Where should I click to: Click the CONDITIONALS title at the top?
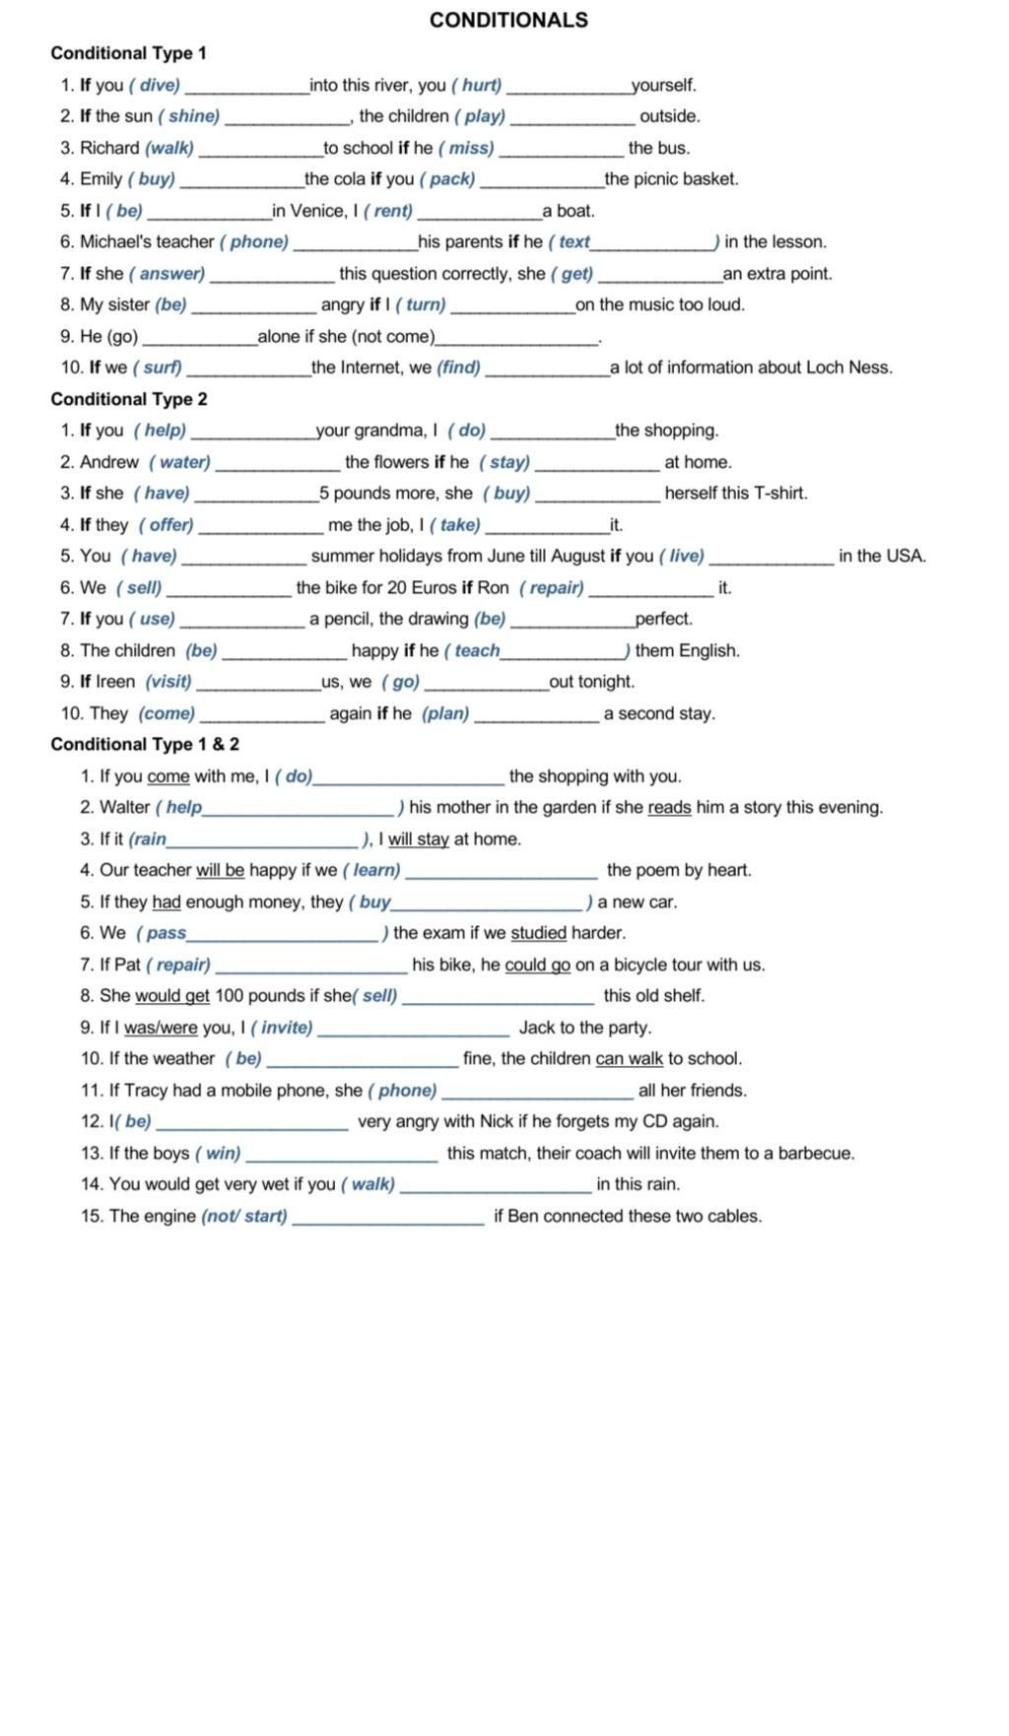[x=508, y=20]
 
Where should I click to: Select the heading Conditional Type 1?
[x=128, y=53]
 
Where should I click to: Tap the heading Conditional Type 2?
[x=129, y=399]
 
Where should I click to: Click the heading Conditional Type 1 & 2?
[x=145, y=744]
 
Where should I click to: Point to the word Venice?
[x=318, y=211]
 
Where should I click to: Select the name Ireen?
[x=115, y=682]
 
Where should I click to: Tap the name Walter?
[x=124, y=807]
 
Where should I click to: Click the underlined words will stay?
[x=418, y=839]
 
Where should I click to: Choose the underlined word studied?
[x=539, y=933]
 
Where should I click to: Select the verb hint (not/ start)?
[x=244, y=1216]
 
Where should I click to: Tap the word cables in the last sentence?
[x=734, y=1216]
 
